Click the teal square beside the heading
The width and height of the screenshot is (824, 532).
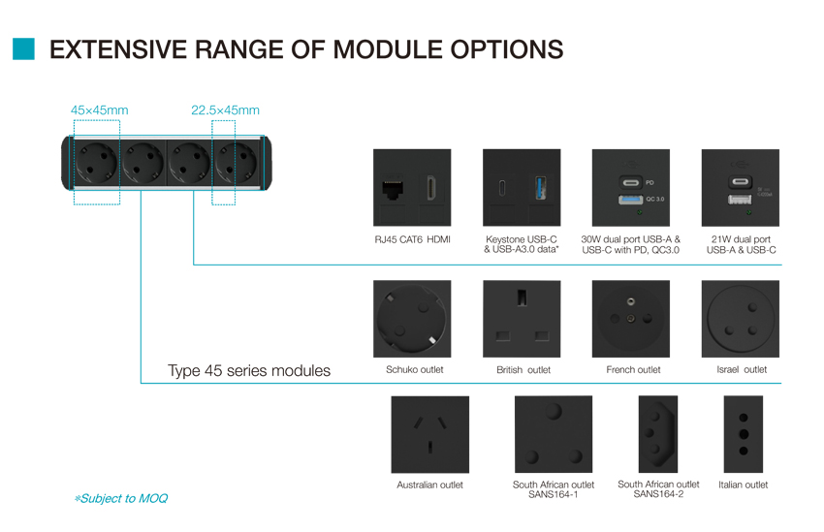[23, 48]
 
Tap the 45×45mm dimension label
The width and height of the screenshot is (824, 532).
[99, 110]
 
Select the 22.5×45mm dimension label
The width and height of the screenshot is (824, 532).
[225, 110]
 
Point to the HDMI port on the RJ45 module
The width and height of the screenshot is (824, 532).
[431, 188]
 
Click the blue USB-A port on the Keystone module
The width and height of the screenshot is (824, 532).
[540, 188]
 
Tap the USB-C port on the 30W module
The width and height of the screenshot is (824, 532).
[631, 183]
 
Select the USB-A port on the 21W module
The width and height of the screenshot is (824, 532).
[740, 199]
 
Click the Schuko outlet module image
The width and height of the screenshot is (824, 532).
[412, 319]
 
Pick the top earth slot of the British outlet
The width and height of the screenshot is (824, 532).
[522, 297]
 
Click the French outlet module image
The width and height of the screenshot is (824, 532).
[631, 319]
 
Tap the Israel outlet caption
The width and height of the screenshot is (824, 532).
[742, 370]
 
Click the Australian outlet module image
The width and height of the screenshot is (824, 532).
[429, 434]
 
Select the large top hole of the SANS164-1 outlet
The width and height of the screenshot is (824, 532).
[554, 410]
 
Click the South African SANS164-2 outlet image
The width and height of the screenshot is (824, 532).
[658, 434]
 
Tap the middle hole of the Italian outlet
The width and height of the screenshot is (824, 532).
[744, 434]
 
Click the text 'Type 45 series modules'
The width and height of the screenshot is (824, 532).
[249, 371]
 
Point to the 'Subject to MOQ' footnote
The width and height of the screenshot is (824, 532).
[121, 498]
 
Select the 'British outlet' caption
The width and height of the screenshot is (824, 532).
[523, 370]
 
